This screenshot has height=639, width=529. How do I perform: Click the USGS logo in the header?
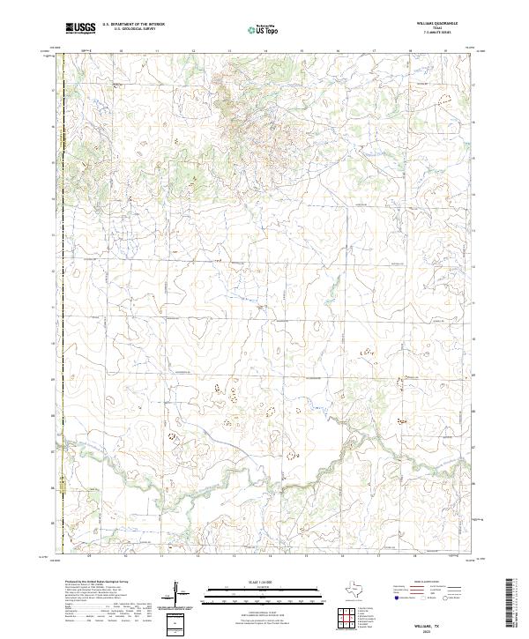coord(81,28)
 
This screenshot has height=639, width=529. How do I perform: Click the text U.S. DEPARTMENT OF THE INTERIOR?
coord(133,24)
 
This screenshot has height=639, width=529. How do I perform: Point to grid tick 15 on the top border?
coord(302,51)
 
